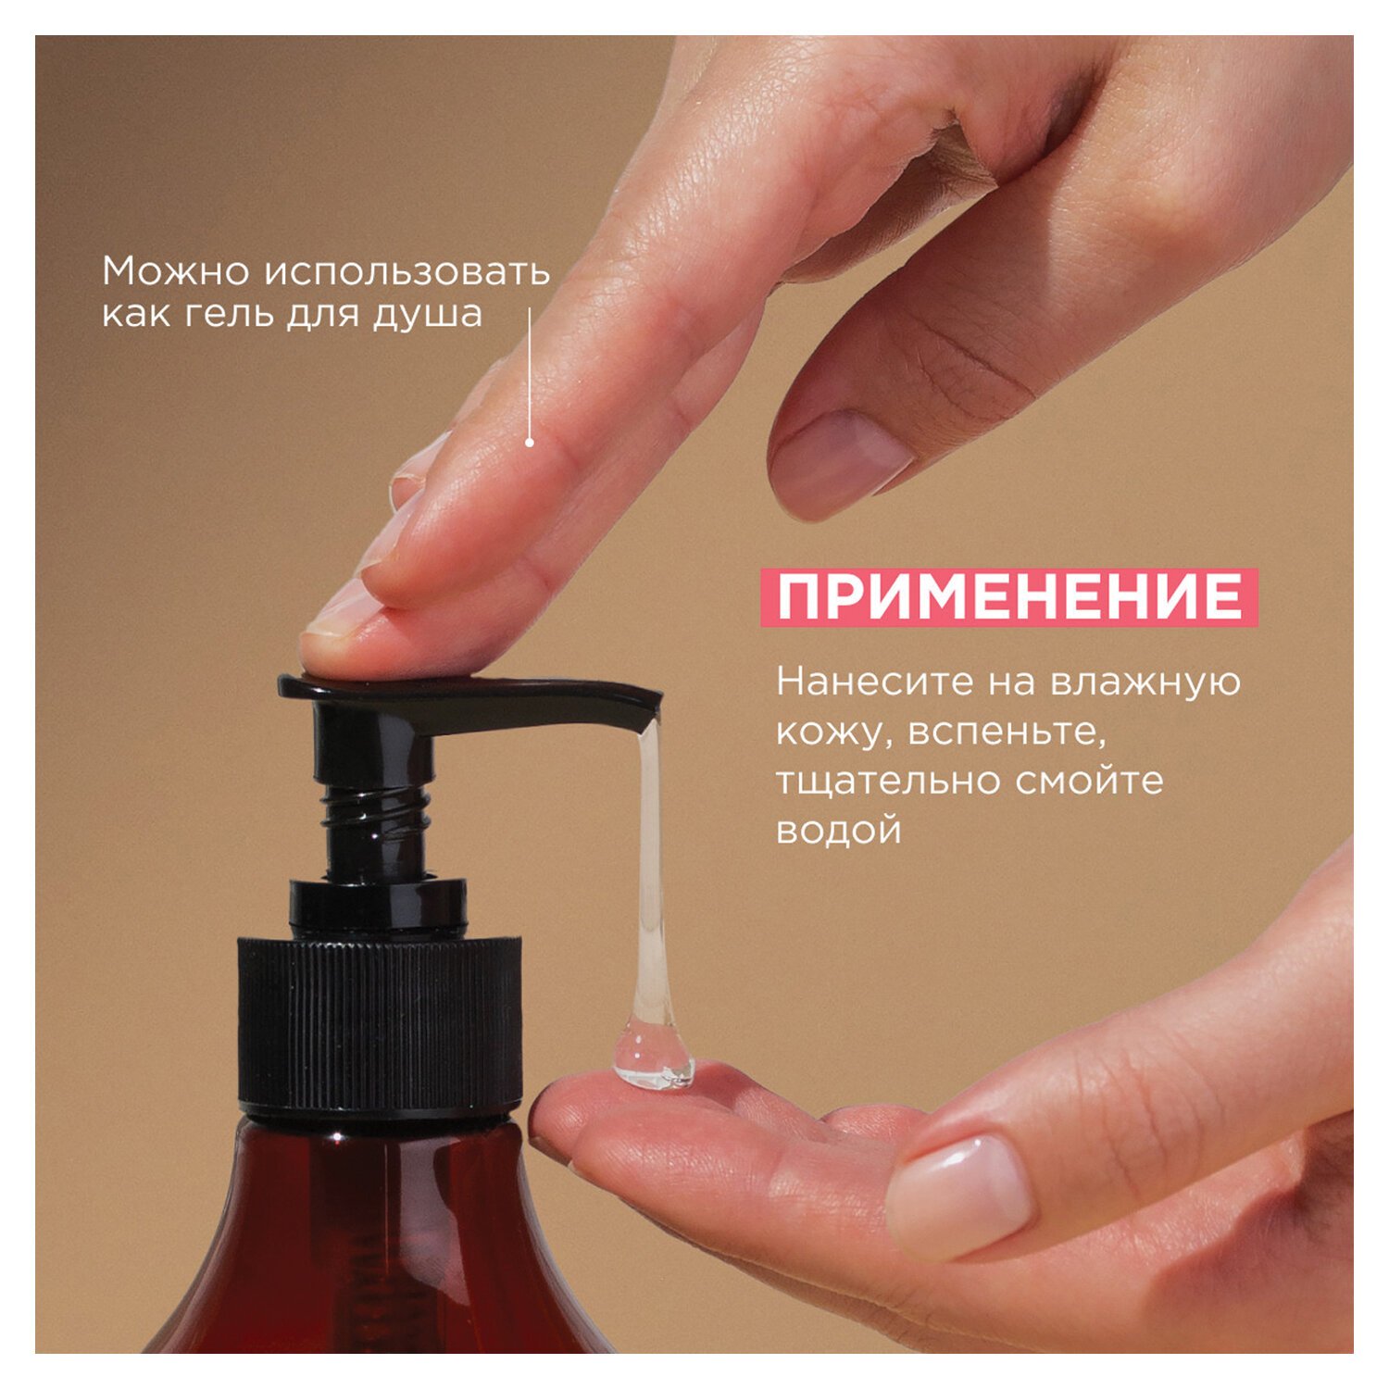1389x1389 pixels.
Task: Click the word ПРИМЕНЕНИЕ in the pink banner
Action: (x=1009, y=597)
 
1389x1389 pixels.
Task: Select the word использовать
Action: (x=407, y=270)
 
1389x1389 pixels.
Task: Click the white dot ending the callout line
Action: (x=530, y=443)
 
